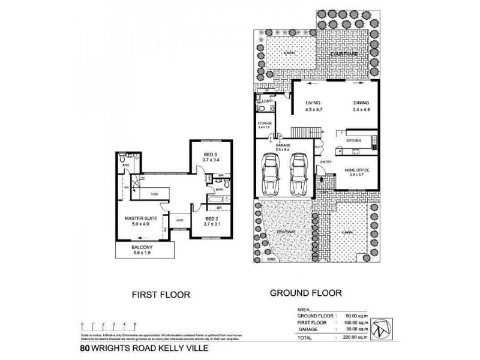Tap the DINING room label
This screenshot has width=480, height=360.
click(361, 103)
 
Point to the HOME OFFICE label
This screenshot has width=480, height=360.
click(356, 170)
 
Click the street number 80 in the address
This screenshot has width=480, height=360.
click(86, 347)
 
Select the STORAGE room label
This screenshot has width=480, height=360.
click(265, 125)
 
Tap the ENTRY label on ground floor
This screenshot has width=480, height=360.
click(326, 162)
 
